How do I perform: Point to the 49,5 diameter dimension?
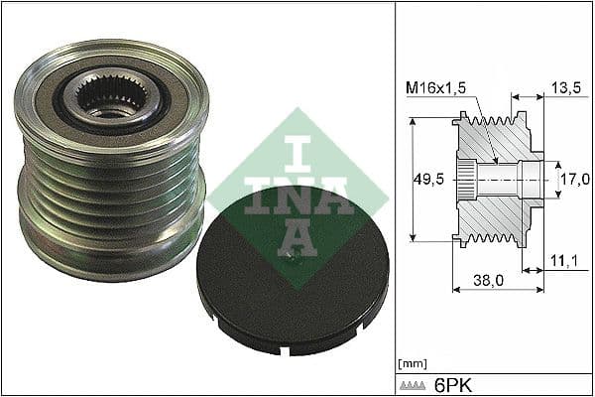[427, 180]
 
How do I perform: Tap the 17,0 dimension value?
[575, 180]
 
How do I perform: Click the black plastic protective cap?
[293, 268]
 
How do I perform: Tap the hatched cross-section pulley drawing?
[496, 179]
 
